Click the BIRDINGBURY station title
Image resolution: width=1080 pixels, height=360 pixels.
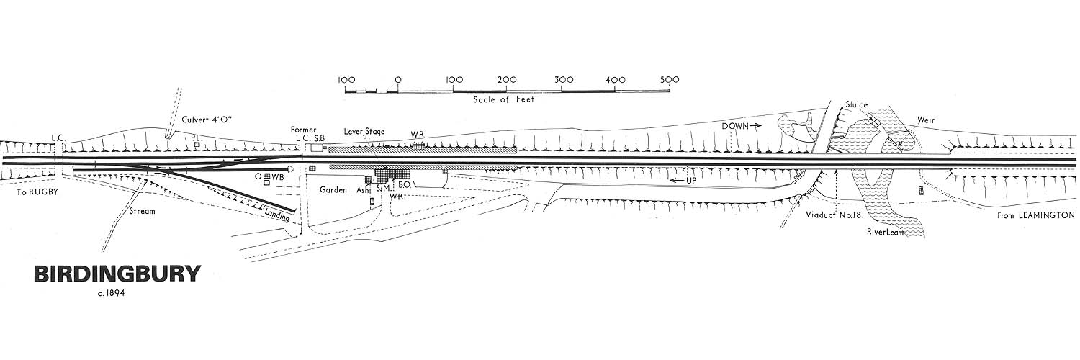click(x=117, y=274)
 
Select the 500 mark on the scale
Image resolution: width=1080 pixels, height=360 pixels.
click(x=670, y=79)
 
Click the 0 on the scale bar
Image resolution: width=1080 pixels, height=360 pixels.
click(x=397, y=79)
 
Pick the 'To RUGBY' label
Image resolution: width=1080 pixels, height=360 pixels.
click(x=38, y=193)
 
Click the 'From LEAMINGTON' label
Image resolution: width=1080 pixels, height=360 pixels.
click(x=1036, y=215)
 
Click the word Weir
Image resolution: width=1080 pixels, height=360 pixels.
click(x=926, y=120)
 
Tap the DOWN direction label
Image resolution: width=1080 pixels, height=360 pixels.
click(x=736, y=125)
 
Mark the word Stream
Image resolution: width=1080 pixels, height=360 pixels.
click(x=142, y=212)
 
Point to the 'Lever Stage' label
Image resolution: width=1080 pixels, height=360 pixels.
click(x=364, y=132)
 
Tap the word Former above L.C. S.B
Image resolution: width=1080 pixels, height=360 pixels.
click(x=303, y=130)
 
